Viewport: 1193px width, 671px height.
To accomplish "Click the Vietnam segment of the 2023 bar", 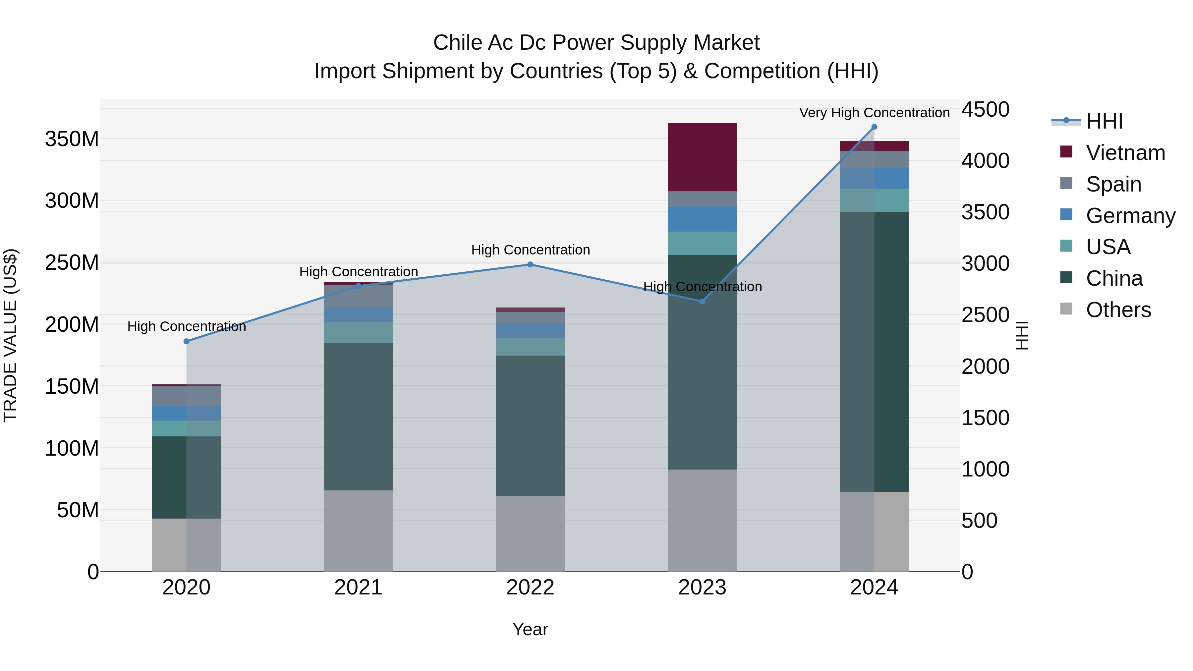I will pos(702,157).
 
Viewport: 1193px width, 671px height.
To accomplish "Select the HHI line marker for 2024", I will pos(874,127).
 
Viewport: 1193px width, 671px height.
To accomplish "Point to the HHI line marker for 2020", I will pos(187,341).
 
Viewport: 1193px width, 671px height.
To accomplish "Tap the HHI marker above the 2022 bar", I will pos(530,265).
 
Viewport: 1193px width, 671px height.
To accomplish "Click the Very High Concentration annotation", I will pos(874,113).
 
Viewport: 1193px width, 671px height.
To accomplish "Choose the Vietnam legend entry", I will pos(1125,153).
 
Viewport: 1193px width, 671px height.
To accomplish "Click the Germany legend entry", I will pos(1130,216).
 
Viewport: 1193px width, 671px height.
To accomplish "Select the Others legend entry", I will pos(1118,310).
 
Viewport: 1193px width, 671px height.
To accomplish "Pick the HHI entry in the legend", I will pos(1104,121).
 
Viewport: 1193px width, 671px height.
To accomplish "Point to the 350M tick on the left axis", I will pos(72,139).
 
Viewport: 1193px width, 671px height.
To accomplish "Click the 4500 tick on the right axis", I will pos(986,110).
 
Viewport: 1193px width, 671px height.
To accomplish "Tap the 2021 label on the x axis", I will pos(358,587).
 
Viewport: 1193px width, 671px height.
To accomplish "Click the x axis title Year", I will pos(530,629).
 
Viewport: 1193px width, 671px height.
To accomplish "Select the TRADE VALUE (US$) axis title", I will pos(10,335).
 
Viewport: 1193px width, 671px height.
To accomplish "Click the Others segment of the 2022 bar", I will pos(530,533).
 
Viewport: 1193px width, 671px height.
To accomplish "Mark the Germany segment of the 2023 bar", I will pos(702,219).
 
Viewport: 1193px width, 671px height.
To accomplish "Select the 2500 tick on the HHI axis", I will pos(986,315).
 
